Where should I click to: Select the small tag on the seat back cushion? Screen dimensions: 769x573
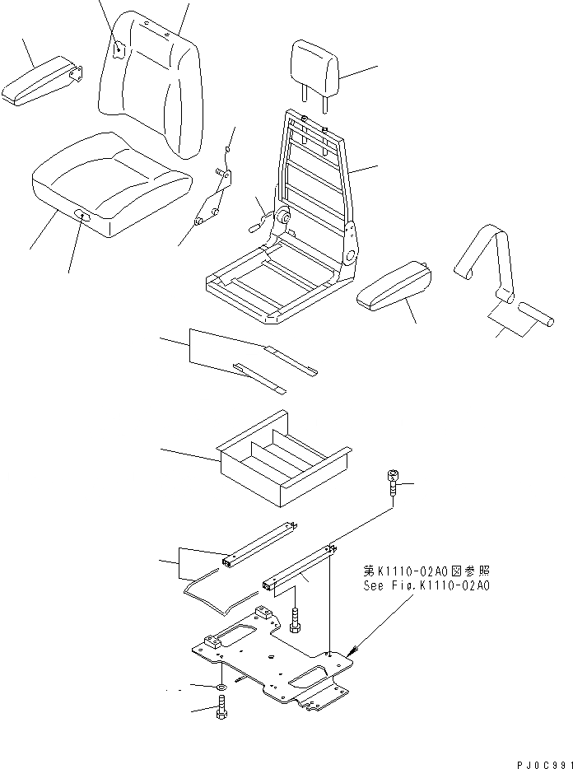(119, 49)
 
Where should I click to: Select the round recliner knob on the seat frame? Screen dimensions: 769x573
(283, 217)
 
